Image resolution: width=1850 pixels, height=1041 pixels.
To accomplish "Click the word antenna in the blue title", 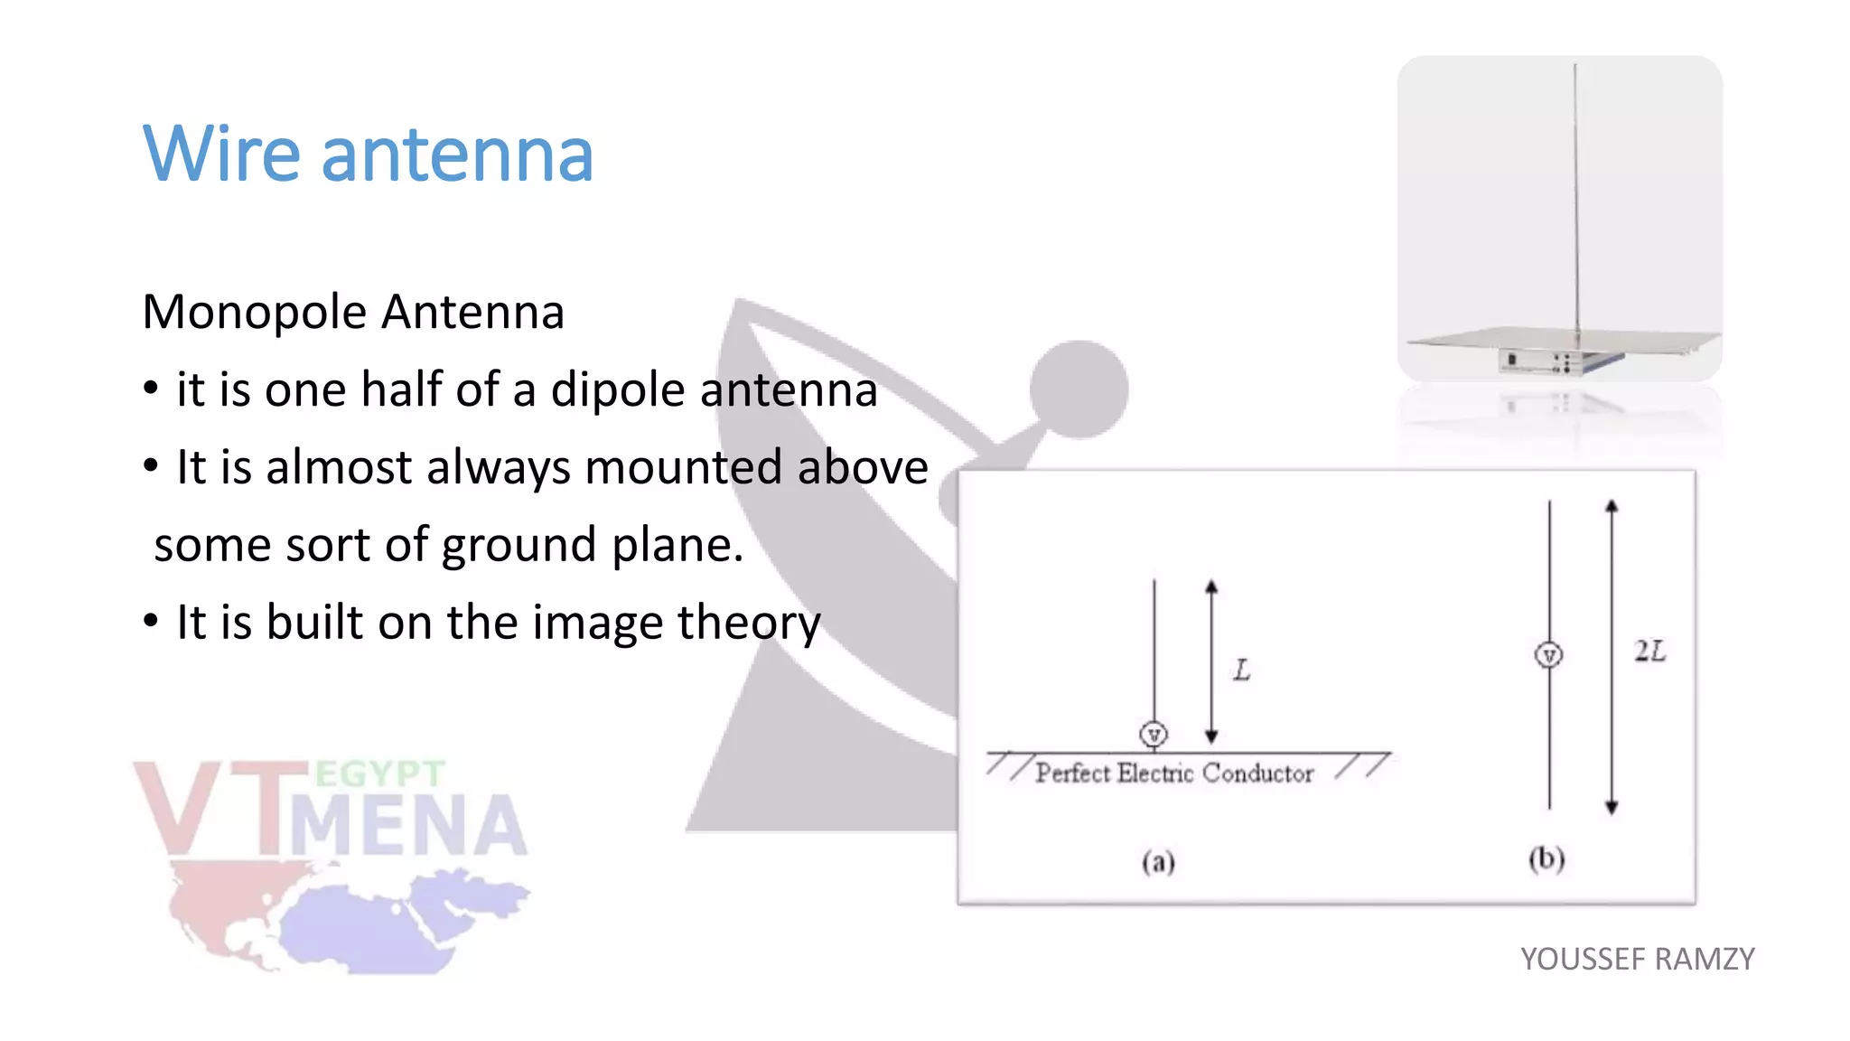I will (x=457, y=155).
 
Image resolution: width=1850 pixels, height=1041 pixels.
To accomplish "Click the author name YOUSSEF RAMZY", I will (x=1637, y=959).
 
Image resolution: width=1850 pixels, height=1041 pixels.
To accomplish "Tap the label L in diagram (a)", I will (x=1242, y=671).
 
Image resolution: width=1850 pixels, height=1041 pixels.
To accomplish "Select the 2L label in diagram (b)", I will (x=1649, y=651).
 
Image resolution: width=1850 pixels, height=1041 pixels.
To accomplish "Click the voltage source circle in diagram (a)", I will (x=1154, y=735).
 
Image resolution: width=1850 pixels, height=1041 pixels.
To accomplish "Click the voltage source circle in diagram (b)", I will (x=1549, y=655).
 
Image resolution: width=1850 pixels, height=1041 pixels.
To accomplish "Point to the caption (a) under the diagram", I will (x=1158, y=862).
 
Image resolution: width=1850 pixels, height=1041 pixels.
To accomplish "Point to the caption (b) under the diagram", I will (x=1546, y=858).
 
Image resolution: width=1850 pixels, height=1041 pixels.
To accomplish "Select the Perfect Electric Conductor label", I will (x=1174, y=774).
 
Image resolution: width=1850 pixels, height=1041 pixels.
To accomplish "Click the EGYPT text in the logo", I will (x=379, y=774).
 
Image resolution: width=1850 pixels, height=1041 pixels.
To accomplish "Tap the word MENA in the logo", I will (x=408, y=825).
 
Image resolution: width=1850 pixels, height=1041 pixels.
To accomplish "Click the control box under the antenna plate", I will (x=1540, y=361).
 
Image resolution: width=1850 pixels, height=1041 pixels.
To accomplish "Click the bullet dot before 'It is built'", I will (x=151, y=622).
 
